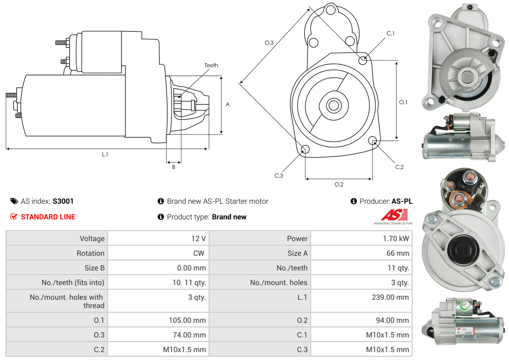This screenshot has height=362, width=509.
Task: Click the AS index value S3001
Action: click(x=63, y=201)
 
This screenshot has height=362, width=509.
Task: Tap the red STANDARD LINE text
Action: click(x=48, y=217)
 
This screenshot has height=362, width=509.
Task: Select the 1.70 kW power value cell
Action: click(x=396, y=239)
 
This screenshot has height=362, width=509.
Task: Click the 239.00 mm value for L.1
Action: click(x=390, y=297)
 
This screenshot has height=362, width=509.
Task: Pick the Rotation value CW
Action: click(x=198, y=253)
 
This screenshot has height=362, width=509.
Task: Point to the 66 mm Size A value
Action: click(x=398, y=253)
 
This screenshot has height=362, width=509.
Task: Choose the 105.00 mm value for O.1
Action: click(x=187, y=320)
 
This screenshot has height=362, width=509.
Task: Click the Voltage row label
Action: click(x=92, y=239)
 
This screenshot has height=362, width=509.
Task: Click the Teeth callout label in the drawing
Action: click(x=211, y=65)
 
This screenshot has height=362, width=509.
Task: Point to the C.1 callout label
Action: click(x=391, y=34)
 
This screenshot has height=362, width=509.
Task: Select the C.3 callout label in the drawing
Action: click(x=278, y=176)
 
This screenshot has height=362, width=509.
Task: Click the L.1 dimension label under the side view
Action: click(x=105, y=154)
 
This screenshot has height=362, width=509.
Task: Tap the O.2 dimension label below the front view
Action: click(x=339, y=184)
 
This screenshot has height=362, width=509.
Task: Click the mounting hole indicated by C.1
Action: click(x=363, y=60)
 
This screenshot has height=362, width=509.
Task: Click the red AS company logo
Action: click(x=394, y=215)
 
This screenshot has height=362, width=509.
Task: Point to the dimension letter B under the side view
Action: click(x=174, y=167)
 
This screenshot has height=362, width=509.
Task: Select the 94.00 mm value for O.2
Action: click(x=392, y=320)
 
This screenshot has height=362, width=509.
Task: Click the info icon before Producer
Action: click(x=354, y=201)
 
